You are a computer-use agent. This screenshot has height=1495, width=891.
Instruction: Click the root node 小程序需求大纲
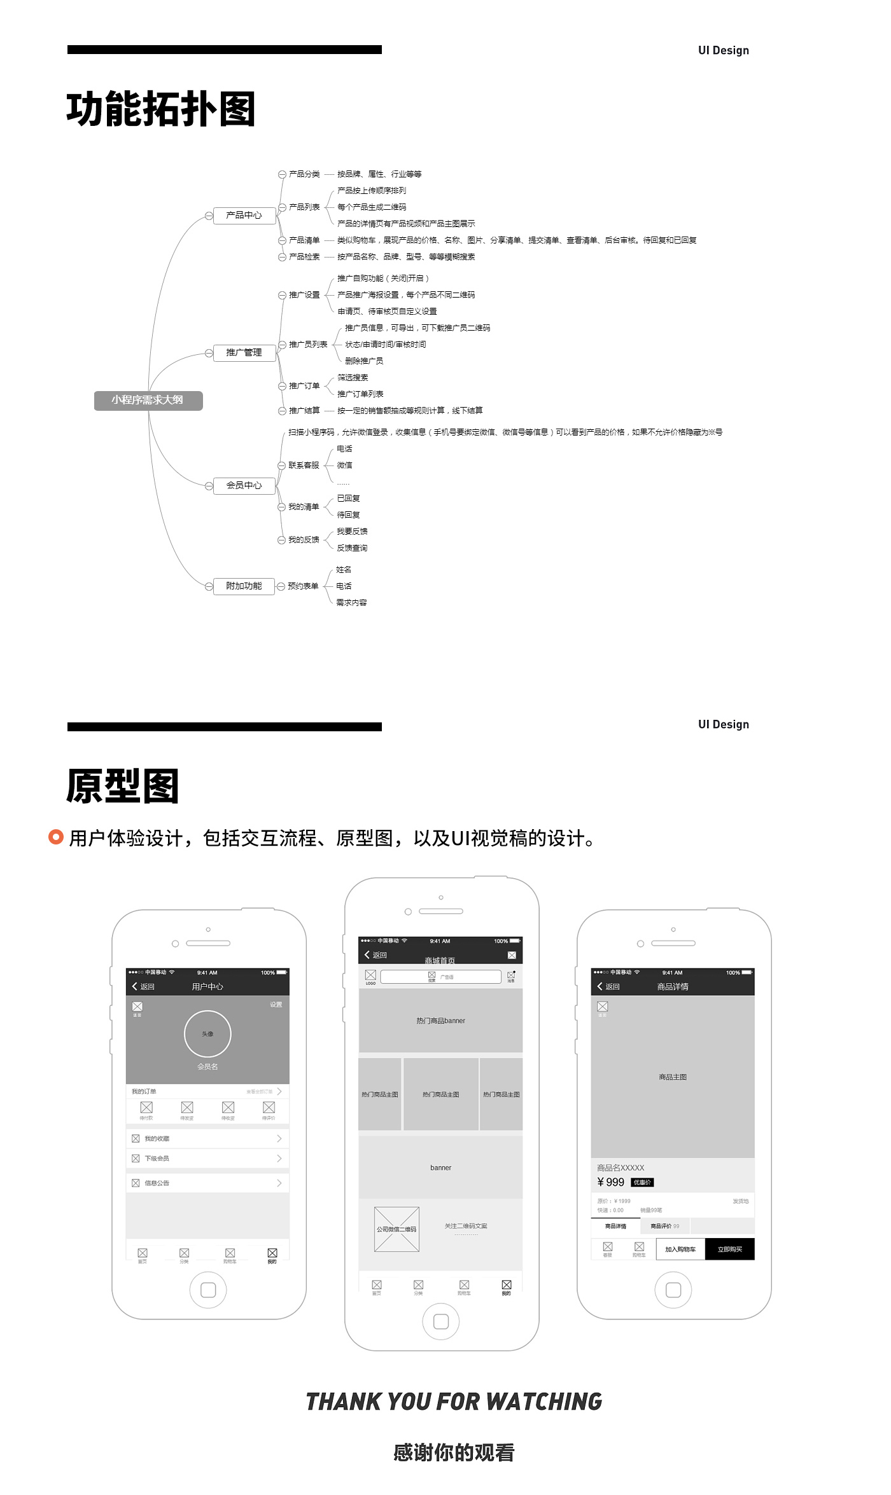tap(148, 401)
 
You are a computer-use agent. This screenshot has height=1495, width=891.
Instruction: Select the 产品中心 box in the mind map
tap(244, 216)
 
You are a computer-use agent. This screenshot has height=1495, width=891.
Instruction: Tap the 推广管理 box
tap(244, 353)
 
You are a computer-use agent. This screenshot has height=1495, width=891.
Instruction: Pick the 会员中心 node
tap(244, 486)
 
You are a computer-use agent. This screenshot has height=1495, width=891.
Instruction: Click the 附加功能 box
tap(244, 586)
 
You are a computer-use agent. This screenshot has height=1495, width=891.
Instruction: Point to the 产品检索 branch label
tap(304, 257)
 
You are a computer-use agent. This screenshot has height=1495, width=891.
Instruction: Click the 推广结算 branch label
tap(304, 411)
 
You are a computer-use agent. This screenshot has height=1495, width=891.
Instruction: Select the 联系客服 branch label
tap(304, 465)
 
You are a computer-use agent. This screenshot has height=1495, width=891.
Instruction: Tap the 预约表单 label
tap(303, 586)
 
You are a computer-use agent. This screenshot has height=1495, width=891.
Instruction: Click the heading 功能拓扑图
tap(161, 109)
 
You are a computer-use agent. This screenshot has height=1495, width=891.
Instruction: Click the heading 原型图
tap(122, 787)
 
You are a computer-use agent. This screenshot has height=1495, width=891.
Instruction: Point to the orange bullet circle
tap(56, 837)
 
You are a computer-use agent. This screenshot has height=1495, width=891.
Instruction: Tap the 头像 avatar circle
tap(207, 1034)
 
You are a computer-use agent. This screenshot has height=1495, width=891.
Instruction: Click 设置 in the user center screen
tap(276, 1005)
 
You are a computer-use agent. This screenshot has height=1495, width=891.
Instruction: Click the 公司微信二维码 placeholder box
tap(396, 1229)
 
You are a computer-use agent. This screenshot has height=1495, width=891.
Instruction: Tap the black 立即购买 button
tap(729, 1249)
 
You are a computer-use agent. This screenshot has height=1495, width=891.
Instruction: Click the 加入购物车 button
tap(680, 1249)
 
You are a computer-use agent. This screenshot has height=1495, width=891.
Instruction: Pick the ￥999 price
tap(611, 1182)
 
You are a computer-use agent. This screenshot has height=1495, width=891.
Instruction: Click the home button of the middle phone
tap(440, 1321)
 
